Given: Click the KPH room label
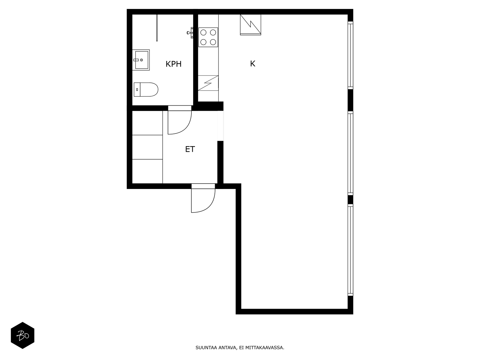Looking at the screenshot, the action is click(173, 64).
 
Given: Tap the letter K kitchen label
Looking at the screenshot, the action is click(253, 64).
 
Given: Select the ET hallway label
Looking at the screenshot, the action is click(190, 149).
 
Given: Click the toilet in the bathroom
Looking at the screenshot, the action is click(146, 89).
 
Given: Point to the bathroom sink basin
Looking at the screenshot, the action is click(141, 60).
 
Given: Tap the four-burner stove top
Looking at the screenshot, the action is click(208, 37).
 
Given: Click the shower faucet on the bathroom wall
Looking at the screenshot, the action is click(190, 33).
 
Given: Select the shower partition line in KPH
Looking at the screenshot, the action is click(157, 28).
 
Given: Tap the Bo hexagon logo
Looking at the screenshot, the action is click(22, 335).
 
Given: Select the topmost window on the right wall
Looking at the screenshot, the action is click(350, 55).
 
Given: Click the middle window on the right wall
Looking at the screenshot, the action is click(350, 153).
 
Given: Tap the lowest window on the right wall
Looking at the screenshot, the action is click(350, 250).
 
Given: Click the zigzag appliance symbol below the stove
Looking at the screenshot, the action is click(208, 83).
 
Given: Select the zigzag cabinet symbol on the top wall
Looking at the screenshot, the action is click(250, 25).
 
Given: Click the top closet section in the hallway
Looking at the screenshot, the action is click(147, 123).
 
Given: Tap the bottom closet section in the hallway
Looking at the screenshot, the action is click(147, 171).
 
